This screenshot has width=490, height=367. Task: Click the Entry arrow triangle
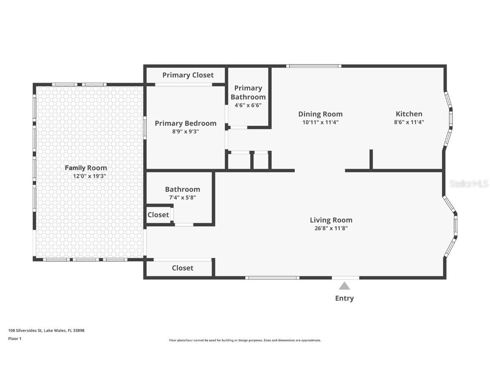click(345, 286)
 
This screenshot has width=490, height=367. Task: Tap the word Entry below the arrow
click(345, 298)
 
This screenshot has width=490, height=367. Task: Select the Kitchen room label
click(409, 114)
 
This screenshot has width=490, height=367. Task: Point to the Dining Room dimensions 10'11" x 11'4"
click(320, 122)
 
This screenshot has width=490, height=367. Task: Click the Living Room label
click(331, 220)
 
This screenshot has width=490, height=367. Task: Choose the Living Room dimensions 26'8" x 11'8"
click(331, 228)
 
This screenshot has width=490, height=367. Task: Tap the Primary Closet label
click(188, 75)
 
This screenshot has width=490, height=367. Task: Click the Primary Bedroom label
click(185, 124)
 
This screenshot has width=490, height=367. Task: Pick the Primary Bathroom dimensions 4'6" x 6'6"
click(248, 105)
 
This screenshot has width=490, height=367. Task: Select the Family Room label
click(86, 168)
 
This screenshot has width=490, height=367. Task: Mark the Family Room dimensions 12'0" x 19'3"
click(90, 176)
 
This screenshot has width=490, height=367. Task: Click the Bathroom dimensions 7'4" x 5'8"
click(182, 198)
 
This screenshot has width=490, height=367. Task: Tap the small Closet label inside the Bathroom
click(158, 215)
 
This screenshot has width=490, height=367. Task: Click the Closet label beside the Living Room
click(182, 268)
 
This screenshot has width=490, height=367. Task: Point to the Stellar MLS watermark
click(469, 184)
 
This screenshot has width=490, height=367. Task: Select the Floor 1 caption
click(15, 339)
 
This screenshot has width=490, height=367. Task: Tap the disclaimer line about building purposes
click(245, 341)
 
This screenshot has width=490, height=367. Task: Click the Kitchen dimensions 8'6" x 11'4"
click(409, 122)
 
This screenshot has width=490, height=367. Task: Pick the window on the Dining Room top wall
click(314, 66)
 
